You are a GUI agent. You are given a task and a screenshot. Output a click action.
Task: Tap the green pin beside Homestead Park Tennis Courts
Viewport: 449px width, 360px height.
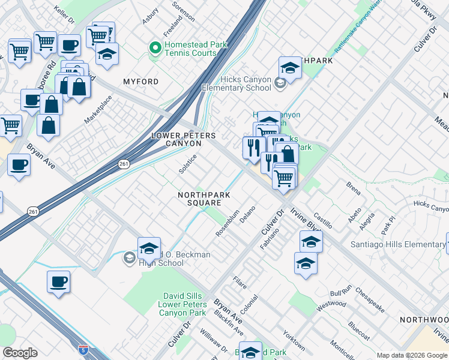(x=155, y=47)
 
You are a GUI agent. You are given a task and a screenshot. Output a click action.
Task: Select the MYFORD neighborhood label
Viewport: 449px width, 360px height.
(x=141, y=82)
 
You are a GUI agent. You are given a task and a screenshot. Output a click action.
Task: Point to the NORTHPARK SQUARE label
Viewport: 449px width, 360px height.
(x=200, y=199)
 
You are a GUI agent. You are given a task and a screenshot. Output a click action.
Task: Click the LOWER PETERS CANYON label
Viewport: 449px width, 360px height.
(x=184, y=140)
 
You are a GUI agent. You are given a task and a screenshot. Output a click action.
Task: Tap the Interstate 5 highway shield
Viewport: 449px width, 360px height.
(x=83, y=349)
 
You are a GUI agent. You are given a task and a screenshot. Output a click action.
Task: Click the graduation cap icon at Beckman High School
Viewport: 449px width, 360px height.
(x=149, y=247)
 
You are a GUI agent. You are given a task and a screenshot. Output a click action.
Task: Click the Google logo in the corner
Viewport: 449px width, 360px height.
(x=20, y=353)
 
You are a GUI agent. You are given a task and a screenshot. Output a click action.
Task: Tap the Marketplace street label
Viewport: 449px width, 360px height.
(x=98, y=109)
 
